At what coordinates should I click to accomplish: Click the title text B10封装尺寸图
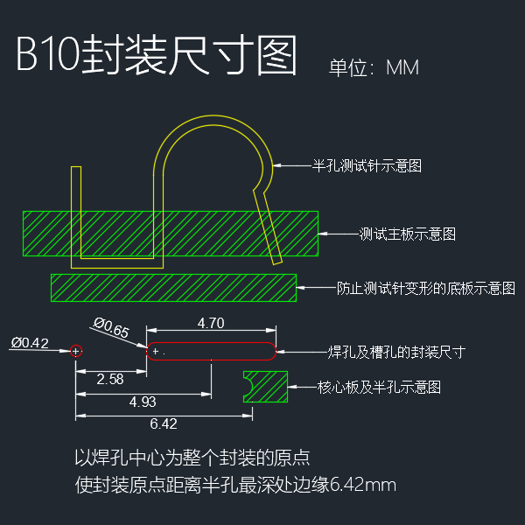tap(157, 56)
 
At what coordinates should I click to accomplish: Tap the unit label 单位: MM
tap(374, 67)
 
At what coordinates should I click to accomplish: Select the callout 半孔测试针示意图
tap(367, 164)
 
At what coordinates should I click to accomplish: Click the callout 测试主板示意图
tap(408, 234)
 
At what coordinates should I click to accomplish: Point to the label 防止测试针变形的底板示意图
tap(426, 287)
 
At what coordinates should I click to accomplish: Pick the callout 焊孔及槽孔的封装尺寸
tap(395, 352)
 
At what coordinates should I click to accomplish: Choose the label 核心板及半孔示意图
tap(378, 386)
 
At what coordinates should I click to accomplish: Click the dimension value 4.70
tap(211, 323)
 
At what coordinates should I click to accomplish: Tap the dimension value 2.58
tap(110, 379)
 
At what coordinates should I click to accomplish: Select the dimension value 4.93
tap(143, 402)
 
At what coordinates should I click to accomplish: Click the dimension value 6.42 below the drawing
tap(164, 423)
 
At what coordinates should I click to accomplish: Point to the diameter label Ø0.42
tap(30, 342)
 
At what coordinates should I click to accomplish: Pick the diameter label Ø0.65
tap(111, 330)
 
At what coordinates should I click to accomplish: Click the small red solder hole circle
tap(77, 351)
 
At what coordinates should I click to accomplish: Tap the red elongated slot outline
tap(211, 352)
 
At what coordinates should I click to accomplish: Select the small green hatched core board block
tap(267, 386)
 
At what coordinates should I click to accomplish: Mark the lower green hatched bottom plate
tap(173, 287)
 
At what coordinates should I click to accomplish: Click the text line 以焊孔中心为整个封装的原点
tap(192, 458)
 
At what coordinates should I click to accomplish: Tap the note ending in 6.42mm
tap(236, 484)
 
